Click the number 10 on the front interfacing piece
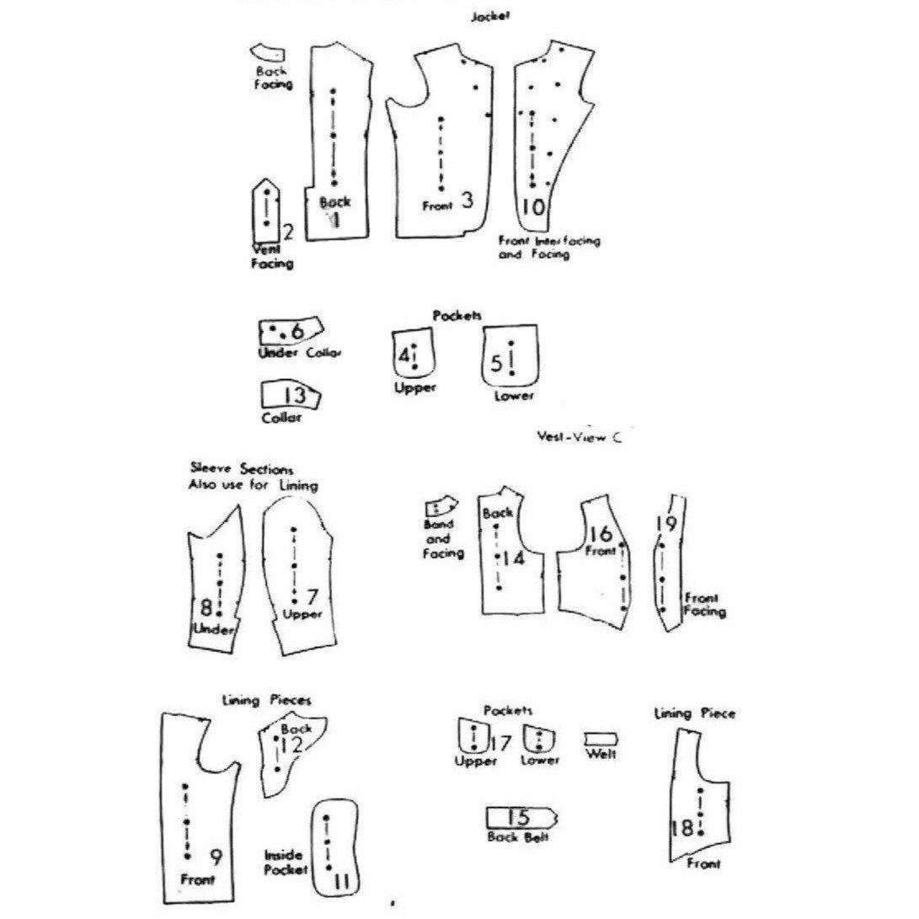point(533,206)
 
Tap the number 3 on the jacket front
point(468,200)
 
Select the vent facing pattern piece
point(265,211)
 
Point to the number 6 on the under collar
point(297,331)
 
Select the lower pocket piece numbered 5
point(510,357)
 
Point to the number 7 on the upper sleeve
point(312,597)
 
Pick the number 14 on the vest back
point(514,558)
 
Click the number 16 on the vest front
point(600,534)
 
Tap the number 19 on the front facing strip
point(665,524)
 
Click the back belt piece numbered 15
point(521,817)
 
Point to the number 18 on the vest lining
point(681,828)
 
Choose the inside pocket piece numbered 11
point(335,847)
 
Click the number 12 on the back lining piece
point(291,745)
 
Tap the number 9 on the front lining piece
point(216,858)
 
